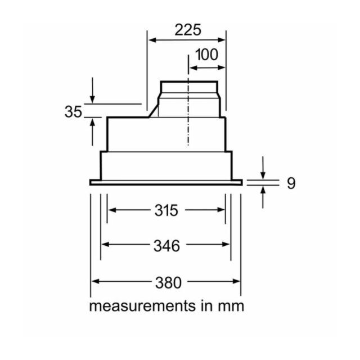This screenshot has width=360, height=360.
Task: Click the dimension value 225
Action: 188,30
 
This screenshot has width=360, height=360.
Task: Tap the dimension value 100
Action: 206,55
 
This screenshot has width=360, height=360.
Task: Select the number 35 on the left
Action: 73,112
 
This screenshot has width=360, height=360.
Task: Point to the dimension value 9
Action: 291,183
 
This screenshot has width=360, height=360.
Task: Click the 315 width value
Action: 166,210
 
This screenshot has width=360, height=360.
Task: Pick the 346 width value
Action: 166,246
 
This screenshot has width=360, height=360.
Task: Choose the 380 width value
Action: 169,282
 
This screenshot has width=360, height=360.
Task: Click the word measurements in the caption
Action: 142,306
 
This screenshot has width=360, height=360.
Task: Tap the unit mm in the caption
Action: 231,307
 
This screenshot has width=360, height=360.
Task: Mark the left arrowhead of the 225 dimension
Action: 152,40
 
